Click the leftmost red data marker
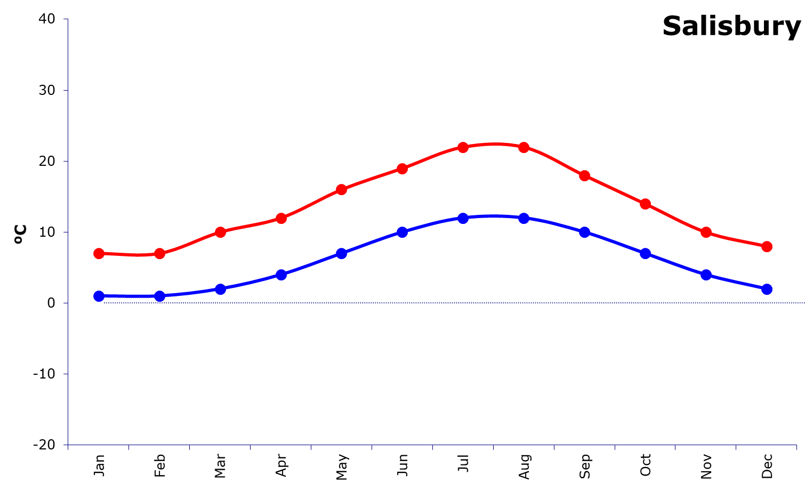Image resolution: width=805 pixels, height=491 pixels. point(99,253)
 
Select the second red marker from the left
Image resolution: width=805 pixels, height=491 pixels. point(159,253)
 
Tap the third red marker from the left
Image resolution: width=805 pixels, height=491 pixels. point(220,232)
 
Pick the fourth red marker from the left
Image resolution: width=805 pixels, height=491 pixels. point(281,218)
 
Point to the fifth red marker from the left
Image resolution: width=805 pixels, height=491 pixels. point(342,189)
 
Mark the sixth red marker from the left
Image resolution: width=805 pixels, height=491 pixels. point(402,168)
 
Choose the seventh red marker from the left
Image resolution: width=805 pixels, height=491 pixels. point(463,147)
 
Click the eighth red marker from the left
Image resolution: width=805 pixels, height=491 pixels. point(524,147)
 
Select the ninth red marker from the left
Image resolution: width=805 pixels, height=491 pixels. point(585,175)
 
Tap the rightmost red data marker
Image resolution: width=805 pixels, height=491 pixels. point(767,246)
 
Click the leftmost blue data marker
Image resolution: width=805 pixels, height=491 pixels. point(99,296)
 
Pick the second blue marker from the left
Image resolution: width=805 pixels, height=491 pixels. point(159,296)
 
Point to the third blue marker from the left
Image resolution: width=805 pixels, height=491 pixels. point(220,289)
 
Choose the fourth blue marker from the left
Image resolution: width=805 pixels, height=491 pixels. point(281,275)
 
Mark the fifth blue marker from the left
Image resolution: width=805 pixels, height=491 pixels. point(342,253)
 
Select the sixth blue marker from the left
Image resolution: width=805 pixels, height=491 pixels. point(402,232)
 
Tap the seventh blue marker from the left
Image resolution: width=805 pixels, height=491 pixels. point(463,218)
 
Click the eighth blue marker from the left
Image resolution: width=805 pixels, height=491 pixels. point(524,218)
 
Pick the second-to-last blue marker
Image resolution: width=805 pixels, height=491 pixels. point(706,275)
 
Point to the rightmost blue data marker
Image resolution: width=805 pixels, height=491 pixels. point(767,289)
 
